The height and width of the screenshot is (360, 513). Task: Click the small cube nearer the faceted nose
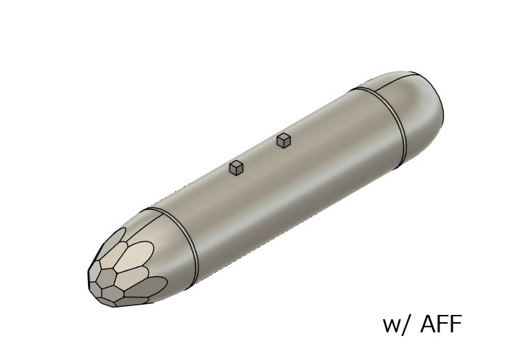tap(235, 168)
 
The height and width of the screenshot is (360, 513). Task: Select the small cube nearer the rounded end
tap(283, 140)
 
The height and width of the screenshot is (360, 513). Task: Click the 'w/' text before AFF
tap(398, 324)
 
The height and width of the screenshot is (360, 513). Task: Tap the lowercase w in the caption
tap(392, 326)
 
